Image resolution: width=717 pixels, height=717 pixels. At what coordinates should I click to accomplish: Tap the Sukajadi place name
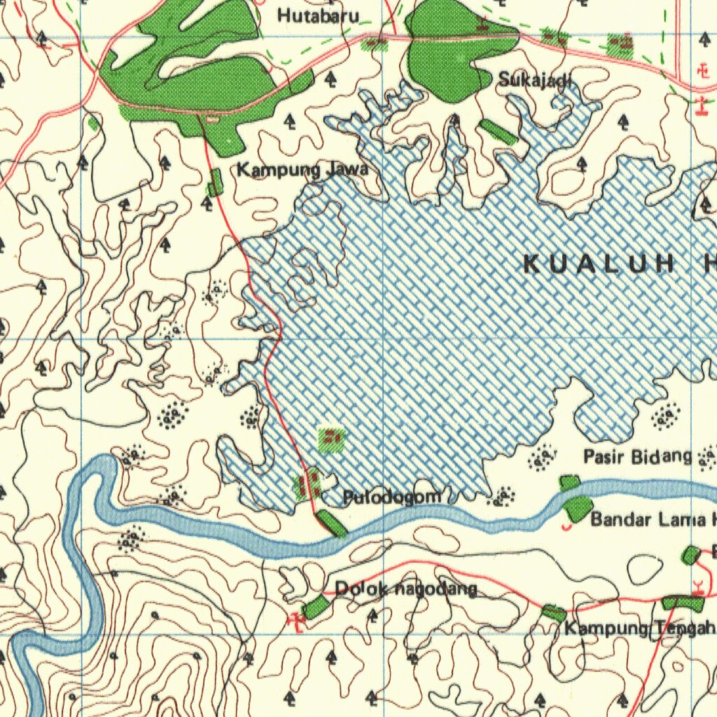535,80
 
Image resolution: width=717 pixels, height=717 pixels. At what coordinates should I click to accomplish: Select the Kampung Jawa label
302,169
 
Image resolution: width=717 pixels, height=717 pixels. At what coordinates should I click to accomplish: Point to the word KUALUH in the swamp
599,264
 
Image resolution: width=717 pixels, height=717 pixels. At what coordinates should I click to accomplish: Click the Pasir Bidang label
637,457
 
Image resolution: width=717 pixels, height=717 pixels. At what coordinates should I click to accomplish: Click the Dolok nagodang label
406,590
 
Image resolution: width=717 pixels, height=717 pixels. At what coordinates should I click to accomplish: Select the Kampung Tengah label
639,628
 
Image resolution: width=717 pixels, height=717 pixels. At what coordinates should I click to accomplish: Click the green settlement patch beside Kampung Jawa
215,182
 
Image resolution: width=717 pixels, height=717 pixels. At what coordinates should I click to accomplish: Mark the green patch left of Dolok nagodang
316,606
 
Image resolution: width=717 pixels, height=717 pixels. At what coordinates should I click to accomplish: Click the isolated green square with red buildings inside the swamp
331,439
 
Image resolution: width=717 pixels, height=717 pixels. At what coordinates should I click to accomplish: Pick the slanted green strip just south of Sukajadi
499,132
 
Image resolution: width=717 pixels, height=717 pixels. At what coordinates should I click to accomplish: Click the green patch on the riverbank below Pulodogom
331,523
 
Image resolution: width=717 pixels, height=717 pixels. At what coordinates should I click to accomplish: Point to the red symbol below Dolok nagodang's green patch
297,620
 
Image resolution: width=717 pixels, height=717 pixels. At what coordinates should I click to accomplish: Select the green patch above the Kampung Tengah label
554,613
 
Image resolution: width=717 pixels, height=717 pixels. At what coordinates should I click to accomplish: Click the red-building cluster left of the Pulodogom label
308,485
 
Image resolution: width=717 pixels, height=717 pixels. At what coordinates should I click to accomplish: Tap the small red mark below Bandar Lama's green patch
566,524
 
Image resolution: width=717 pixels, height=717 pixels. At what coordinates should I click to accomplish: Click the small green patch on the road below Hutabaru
375,44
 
